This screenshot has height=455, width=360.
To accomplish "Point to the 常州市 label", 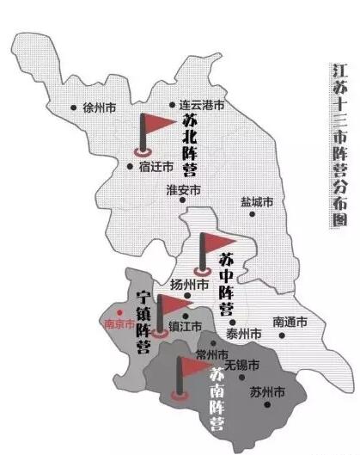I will point(212,355).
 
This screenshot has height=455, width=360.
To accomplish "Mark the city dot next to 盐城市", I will point(252,214).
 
